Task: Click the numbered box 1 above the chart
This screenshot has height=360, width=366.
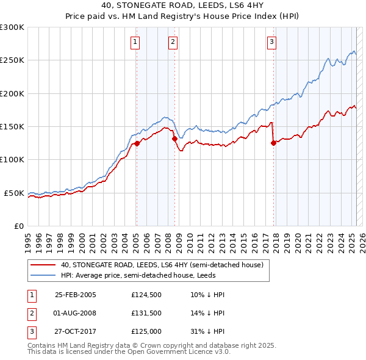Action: pyautogui.click(x=134, y=42)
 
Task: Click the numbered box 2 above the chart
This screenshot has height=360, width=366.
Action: pyautogui.click(x=173, y=42)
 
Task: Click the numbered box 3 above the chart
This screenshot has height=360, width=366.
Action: pyautogui.click(x=271, y=42)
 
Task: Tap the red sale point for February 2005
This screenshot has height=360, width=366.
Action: pyautogui.click(x=137, y=143)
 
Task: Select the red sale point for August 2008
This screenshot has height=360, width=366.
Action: pyautogui.click(x=174, y=139)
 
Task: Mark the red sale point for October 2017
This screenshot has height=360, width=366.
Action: pyautogui.click(x=273, y=143)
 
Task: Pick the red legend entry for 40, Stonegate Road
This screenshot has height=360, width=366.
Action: pyautogui.click(x=162, y=265)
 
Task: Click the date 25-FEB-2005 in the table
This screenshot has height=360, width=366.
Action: pyautogui.click(x=76, y=295)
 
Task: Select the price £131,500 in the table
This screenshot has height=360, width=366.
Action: pyautogui.click(x=145, y=313)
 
